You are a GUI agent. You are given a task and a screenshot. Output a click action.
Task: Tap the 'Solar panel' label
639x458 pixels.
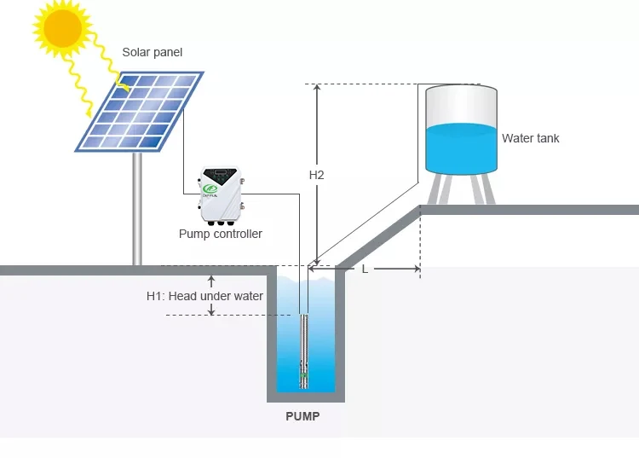coord(152,52)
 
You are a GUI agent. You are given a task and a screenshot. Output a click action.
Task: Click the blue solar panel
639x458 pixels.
coord(139,112)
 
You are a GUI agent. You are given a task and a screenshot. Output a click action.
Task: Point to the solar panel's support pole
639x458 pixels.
coord(137,208)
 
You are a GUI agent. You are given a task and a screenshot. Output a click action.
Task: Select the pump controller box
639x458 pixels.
coord(222,196)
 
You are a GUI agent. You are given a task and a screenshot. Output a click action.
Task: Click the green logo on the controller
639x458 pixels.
coord(210,189)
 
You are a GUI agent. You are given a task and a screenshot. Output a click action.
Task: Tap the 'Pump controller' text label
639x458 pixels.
coord(221,234)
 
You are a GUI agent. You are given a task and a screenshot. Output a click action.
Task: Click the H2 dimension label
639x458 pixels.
coord(316,175)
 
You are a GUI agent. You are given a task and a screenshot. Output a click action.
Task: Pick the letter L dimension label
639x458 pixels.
coord(365,270)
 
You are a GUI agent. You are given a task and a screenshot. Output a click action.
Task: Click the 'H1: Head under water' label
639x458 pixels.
coord(204,296)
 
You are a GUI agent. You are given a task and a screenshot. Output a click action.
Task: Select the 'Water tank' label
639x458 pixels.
coord(530,138)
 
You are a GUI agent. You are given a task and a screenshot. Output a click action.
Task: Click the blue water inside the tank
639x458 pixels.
coord(461,149)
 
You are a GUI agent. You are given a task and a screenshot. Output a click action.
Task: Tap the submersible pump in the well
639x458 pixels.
coord(303,351)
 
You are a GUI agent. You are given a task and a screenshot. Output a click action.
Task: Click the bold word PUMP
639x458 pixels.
coord(302,416)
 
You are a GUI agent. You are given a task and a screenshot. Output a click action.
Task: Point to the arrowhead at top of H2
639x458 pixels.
coord(317,87)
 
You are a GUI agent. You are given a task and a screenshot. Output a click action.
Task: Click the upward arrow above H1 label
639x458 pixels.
coord(211,281)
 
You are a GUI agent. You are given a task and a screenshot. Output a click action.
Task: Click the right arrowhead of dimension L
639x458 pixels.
coord(417,269)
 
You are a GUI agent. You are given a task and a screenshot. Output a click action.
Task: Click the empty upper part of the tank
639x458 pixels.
coord(461,107)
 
